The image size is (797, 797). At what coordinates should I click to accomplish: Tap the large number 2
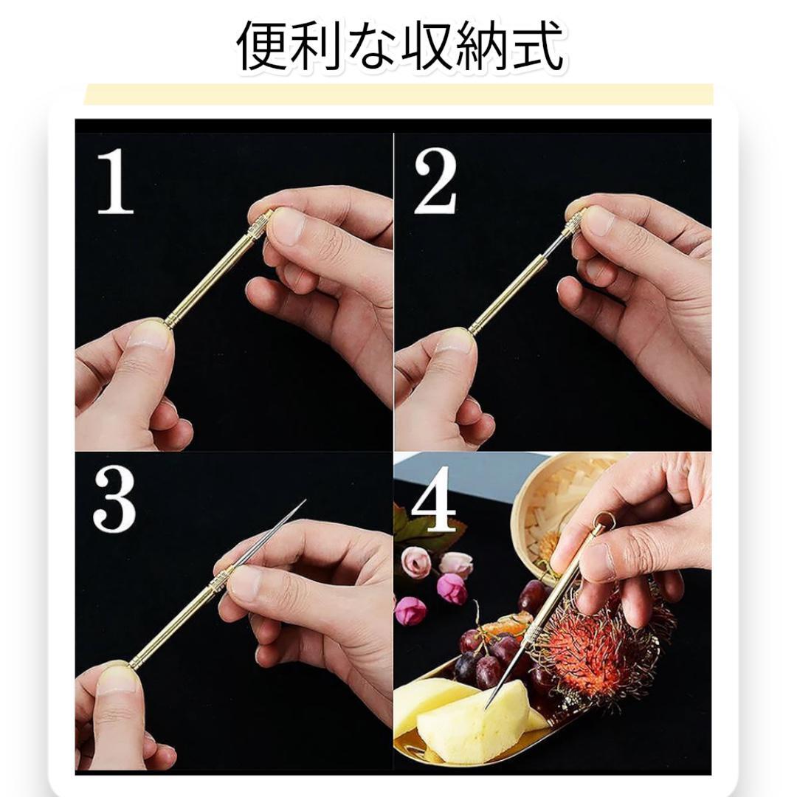coord(435,182)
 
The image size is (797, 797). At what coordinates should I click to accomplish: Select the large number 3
coord(114,500)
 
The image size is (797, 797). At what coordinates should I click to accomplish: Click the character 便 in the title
coord(263,46)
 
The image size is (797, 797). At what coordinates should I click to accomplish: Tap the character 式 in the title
coord(537,46)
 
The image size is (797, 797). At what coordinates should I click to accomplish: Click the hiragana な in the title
coord(372,46)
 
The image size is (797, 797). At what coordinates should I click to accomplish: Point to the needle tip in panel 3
coord(305,500)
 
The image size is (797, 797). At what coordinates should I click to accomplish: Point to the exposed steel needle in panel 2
coord(554,246)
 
